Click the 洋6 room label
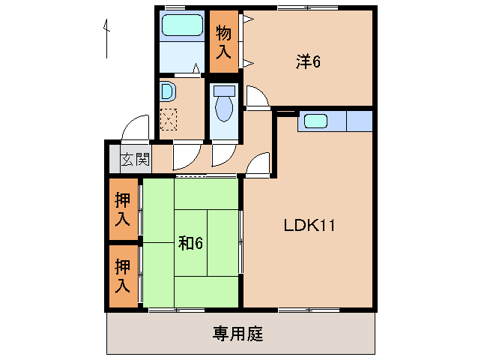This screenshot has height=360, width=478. (x=308, y=62)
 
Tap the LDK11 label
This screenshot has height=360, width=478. (x=308, y=224)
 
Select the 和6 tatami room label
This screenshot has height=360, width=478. (x=190, y=242)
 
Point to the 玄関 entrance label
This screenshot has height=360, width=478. (x=136, y=159)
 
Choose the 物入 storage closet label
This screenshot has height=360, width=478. (x=223, y=42)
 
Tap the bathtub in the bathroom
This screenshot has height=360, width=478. (x=184, y=25)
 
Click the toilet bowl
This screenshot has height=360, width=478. (x=224, y=109)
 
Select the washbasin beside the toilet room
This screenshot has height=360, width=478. (x=167, y=92)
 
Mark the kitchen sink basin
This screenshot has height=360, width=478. (x=314, y=120)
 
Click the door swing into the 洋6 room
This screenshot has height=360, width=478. (x=256, y=96)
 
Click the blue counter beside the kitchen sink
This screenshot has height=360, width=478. (x=358, y=120)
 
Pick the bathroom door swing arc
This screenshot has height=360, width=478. (x=194, y=70)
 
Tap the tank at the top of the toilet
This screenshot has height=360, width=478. (x=224, y=90)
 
